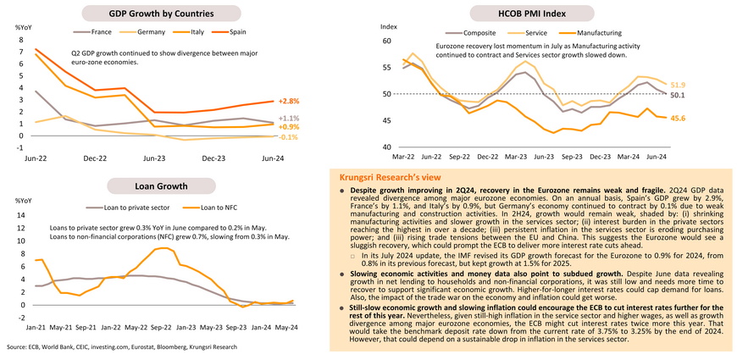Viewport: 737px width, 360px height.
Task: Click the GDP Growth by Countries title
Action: click(161, 14)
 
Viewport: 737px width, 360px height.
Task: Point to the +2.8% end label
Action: click(288, 101)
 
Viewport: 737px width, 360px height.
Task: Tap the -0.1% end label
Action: click(288, 136)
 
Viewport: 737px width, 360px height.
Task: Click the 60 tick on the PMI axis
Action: click(387, 41)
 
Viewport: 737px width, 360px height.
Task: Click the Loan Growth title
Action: click(160, 186)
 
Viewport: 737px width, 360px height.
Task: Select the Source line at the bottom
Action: click(121, 347)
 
